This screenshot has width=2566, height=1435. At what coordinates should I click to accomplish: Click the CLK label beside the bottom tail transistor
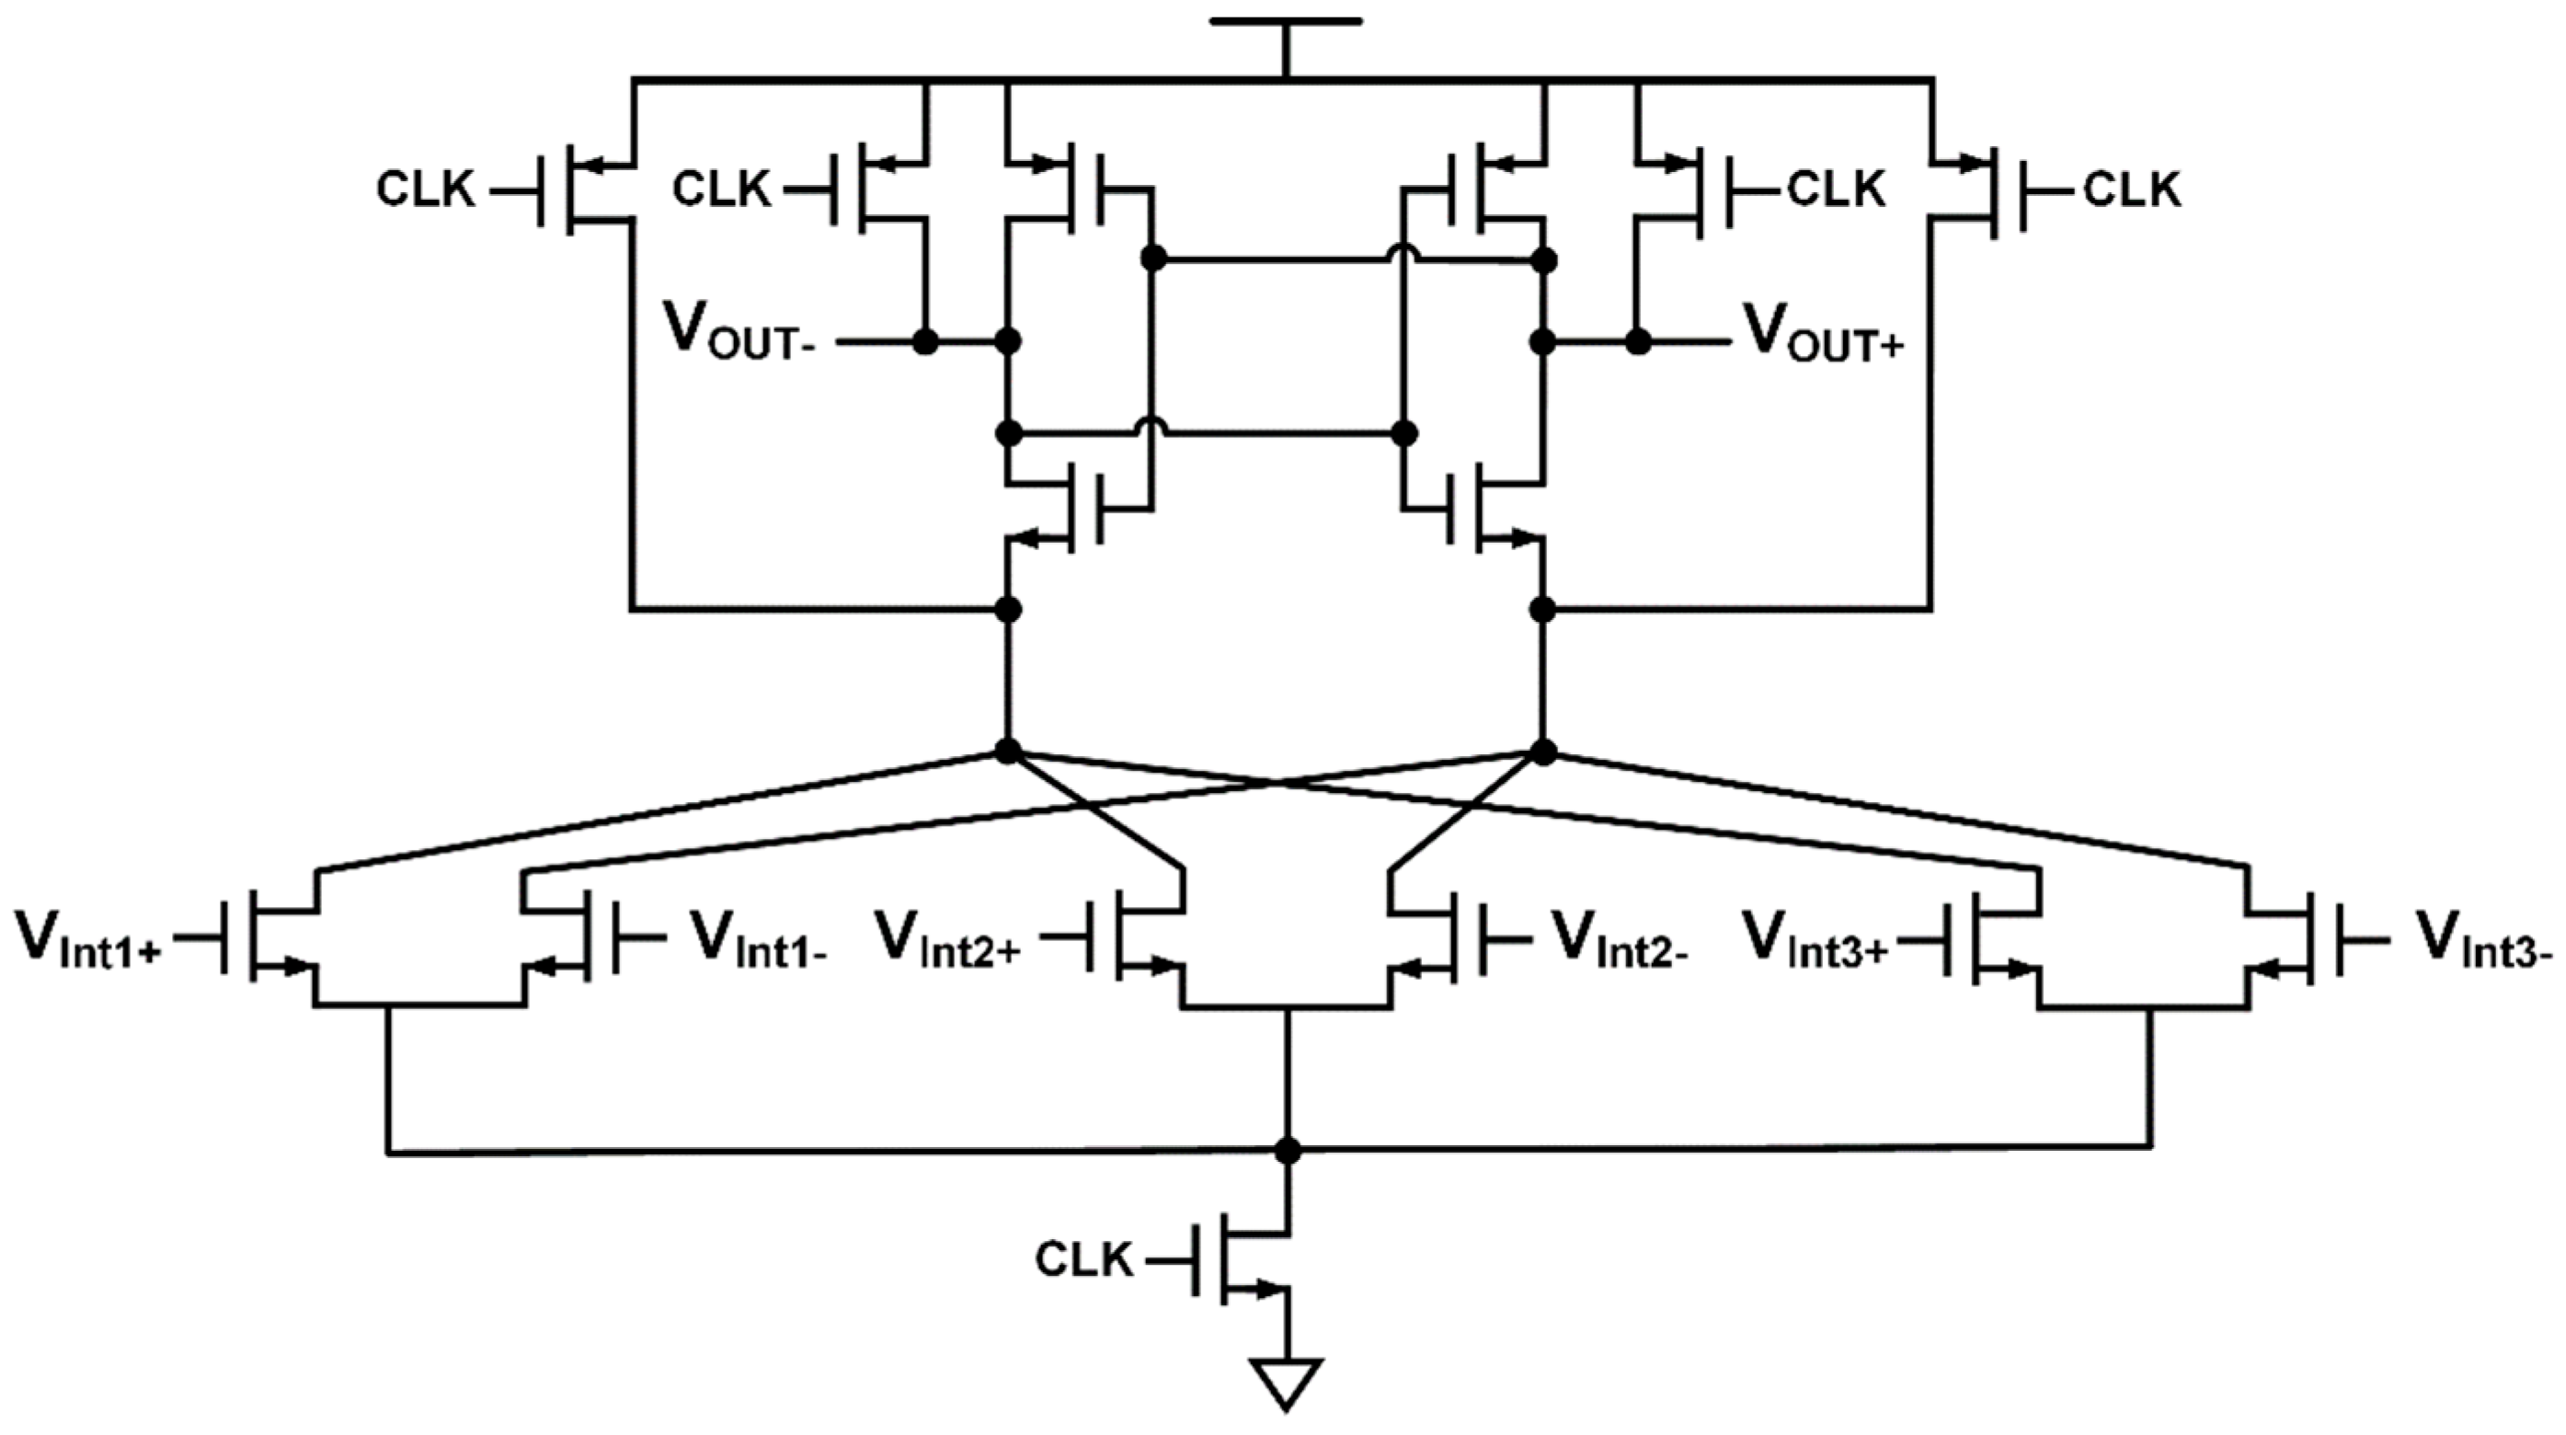coord(1084,1259)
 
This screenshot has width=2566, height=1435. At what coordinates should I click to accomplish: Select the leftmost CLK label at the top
coord(425,189)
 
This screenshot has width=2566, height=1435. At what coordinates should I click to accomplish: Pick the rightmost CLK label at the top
coord(2133,189)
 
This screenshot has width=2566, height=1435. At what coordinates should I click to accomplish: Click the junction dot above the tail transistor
coord(1287,1151)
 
